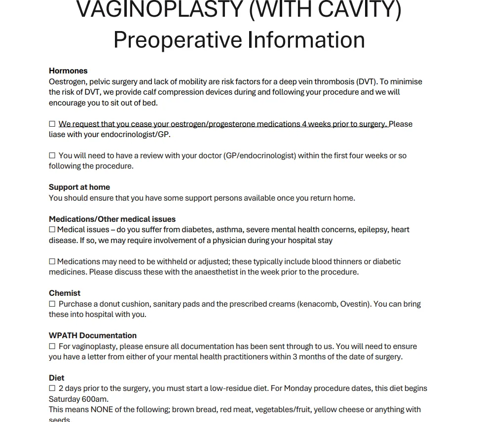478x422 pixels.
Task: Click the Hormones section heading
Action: [x=68, y=70]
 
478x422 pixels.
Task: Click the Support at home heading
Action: [x=79, y=187]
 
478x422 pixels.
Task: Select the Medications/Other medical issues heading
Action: [x=112, y=219]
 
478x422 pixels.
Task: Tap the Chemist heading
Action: [x=65, y=293]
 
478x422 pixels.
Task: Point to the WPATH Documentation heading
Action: [x=93, y=335]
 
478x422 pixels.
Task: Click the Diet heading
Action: [x=57, y=378]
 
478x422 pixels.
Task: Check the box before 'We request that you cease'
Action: [x=52, y=124]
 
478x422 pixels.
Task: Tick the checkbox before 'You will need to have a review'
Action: [x=52, y=156]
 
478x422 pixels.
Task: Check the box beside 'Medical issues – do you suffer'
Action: [x=52, y=230]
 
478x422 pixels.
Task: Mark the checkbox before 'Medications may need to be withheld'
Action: [x=52, y=262]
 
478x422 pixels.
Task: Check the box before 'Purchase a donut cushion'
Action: [x=52, y=304]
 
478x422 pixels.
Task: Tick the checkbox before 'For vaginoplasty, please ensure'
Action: [x=52, y=347]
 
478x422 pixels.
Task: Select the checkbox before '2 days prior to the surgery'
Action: [x=52, y=388]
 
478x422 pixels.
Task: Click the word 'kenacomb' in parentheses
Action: [x=317, y=304]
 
